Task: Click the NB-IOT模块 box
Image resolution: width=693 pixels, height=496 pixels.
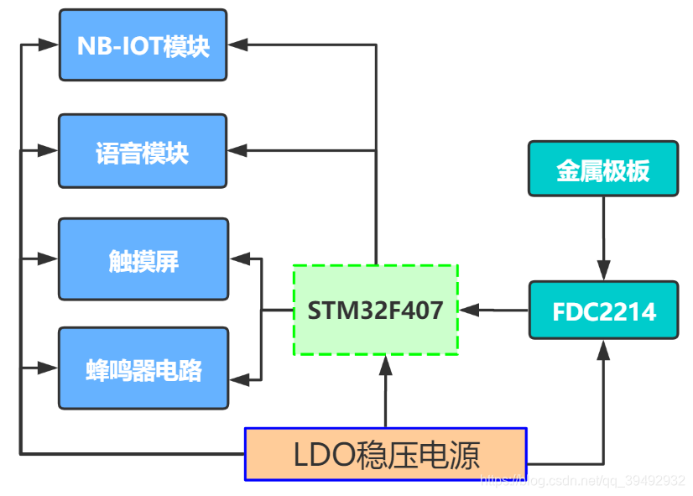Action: click(143, 45)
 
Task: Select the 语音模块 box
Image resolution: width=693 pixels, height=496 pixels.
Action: click(143, 151)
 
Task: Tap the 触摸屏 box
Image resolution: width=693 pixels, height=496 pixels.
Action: click(143, 259)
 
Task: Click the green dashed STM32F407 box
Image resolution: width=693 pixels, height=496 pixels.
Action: click(375, 310)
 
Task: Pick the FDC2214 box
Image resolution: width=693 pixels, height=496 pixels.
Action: click(603, 311)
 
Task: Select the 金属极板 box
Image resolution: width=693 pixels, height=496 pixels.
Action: click(603, 169)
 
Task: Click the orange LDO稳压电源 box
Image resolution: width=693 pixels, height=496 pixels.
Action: click(385, 454)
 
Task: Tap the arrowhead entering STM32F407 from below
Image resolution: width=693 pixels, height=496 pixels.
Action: click(385, 364)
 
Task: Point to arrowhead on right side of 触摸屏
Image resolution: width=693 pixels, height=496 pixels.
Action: click(239, 258)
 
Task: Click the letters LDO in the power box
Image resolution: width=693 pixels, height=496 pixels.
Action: click(322, 455)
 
